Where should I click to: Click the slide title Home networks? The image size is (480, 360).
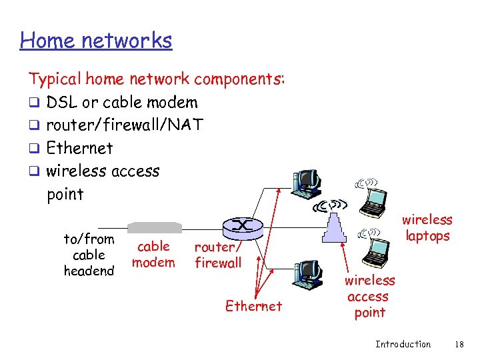96,41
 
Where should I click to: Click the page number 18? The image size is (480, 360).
458,344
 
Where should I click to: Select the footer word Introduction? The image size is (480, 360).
403,344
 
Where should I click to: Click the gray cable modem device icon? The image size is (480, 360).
154,227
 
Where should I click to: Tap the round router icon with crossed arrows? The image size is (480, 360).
241,227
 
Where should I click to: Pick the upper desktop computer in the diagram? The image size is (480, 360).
307,183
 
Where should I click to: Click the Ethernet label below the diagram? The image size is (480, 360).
253,306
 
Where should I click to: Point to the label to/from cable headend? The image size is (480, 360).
89,255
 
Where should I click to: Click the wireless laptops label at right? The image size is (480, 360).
427,227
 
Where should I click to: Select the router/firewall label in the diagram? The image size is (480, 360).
218,255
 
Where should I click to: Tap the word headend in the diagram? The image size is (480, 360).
89,271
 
